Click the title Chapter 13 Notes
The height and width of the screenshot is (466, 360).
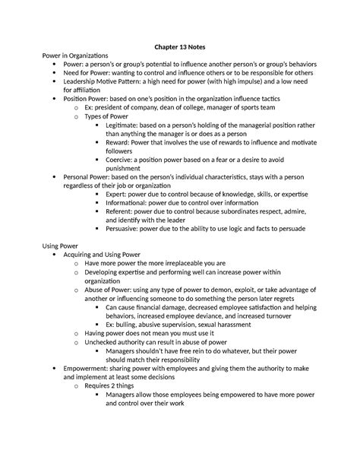[180, 45]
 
